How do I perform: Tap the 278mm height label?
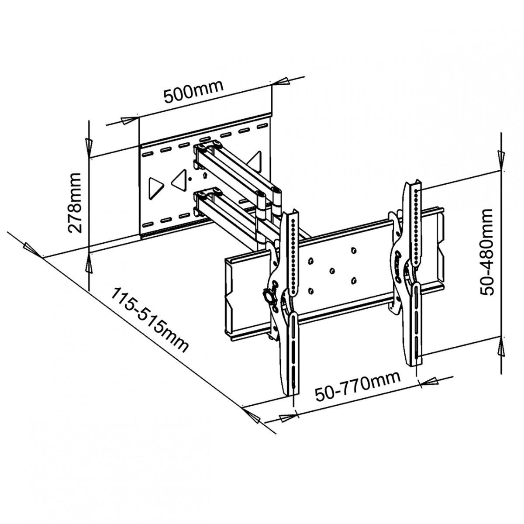coord(75,203)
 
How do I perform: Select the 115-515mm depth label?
coord(149,320)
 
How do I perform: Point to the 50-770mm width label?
coord(357,386)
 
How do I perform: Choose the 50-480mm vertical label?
coord(486,252)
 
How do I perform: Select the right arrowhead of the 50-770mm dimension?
coord(431,381)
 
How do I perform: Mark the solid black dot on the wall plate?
coord(190,178)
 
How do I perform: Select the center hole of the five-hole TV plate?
coord(332,270)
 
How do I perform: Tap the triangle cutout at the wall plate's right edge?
coord(255,159)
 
